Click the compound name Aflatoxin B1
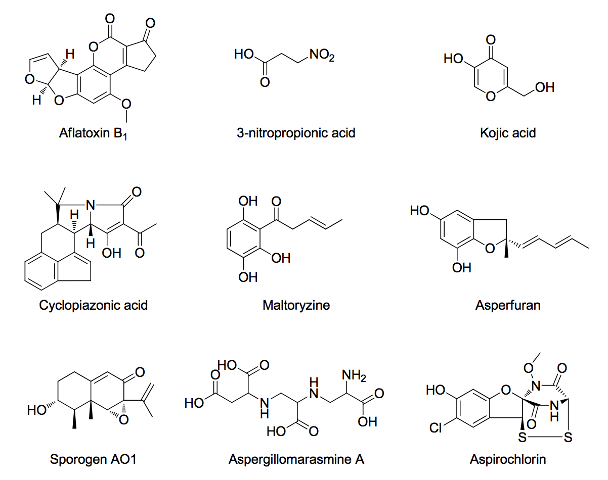[x=94, y=134]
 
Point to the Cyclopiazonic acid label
[x=94, y=305]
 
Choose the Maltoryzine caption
[x=296, y=305]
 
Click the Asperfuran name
[x=508, y=305]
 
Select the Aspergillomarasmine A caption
[x=296, y=459]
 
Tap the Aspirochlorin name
[x=508, y=459]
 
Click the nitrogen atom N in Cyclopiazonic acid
[x=91, y=205]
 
